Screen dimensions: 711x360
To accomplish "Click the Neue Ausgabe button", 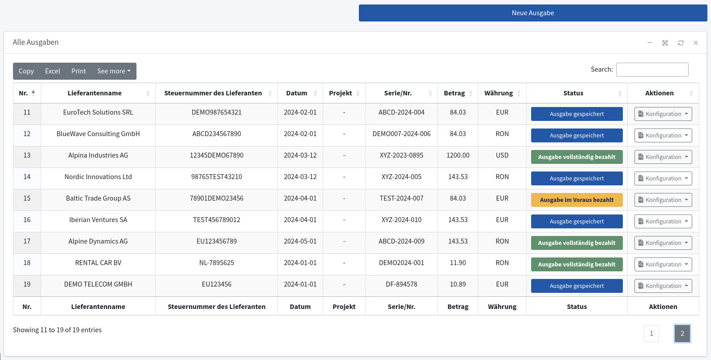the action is pos(532,13).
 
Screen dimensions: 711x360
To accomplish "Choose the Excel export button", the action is pos(52,71).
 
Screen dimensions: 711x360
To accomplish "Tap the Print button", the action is pos(78,71).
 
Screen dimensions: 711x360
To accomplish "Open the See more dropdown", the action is pos(114,71).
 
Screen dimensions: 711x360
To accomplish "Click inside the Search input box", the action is pos(652,69).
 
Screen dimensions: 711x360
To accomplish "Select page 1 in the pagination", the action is pos(651,333).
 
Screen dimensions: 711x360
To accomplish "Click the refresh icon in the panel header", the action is pos(681,43).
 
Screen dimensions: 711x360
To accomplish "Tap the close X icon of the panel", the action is pos(696,43).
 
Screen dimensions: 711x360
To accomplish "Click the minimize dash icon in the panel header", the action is pos(650,43).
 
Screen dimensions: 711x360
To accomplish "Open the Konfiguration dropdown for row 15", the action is pos(663,200).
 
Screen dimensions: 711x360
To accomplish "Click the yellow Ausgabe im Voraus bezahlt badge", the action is pos(577,200).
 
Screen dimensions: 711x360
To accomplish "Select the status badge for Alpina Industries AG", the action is pos(577,157).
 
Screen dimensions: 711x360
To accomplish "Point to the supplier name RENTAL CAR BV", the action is pos(98,263).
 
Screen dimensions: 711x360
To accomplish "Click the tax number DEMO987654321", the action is pos(217,112).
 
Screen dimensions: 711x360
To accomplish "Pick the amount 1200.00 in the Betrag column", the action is pos(458,155).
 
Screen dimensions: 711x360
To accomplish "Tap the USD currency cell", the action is pos(502,155).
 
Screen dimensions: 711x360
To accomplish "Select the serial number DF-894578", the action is pos(401,284).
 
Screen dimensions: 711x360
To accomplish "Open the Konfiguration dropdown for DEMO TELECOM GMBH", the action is pos(663,286).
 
